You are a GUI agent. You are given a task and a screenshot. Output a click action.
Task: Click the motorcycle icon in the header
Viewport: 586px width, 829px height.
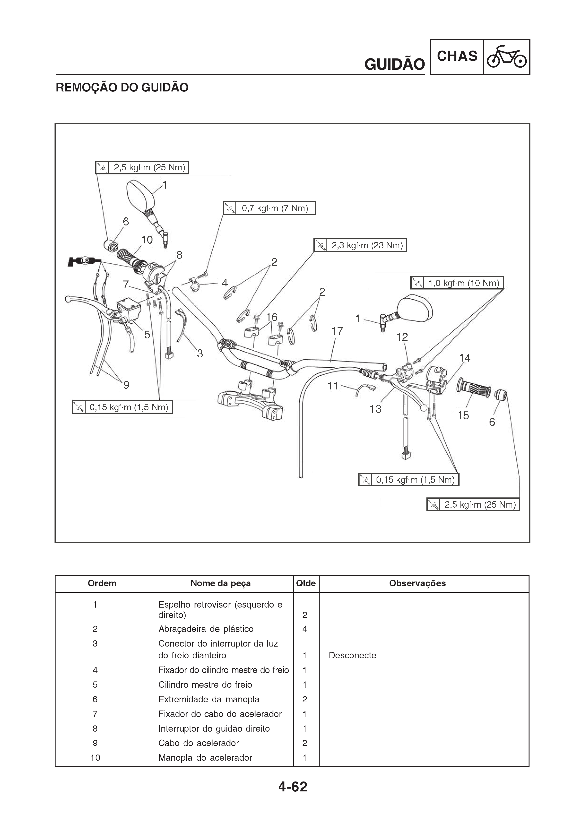coord(507,57)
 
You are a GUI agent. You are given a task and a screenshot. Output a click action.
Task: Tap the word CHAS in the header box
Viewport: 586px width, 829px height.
coord(457,56)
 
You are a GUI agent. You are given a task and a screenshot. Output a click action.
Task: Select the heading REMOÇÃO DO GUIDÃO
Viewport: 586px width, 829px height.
coord(122,87)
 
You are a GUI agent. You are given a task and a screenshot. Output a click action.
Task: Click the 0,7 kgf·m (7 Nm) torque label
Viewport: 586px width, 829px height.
coord(275,208)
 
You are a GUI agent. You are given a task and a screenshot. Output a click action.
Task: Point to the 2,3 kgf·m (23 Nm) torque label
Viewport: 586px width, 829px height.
coord(367,246)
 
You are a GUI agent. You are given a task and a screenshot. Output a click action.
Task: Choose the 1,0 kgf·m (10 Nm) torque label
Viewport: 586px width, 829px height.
coord(464,283)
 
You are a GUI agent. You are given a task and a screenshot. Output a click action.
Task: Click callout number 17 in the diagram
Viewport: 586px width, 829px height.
coord(337,331)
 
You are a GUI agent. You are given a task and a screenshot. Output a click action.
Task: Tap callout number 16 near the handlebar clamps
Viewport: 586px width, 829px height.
coord(272,317)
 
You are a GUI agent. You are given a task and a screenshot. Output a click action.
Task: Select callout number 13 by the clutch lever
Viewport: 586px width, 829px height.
coord(376,409)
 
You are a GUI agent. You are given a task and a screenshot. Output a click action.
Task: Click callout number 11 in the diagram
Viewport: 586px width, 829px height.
coord(333,386)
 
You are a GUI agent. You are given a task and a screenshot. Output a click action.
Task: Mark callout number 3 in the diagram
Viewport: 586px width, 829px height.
coord(200,354)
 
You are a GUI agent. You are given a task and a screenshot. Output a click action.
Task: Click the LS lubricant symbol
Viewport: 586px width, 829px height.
coord(85,261)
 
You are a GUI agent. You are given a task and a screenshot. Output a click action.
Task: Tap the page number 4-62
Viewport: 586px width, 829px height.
coord(293,787)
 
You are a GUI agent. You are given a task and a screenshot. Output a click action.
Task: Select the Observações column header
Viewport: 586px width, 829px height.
coord(417,583)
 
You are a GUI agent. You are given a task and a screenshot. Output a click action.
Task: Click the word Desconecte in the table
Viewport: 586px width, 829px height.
coord(353,655)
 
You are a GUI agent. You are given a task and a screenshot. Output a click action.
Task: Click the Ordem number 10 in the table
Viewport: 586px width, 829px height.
coord(95,757)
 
